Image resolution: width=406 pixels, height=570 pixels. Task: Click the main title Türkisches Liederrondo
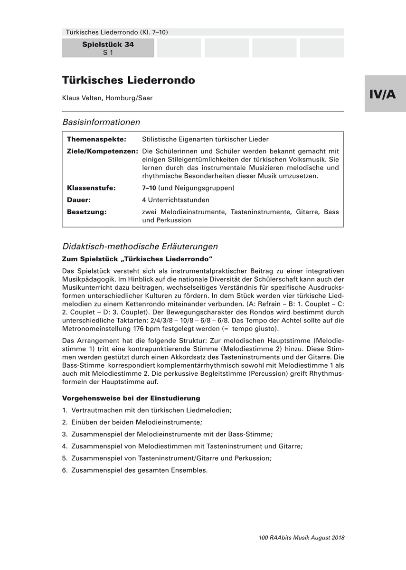coord(128,80)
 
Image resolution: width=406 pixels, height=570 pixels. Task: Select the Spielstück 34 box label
coord(108,45)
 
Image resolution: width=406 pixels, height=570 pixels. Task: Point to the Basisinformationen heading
coord(101,122)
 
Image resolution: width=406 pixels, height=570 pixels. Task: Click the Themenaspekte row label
coord(96,140)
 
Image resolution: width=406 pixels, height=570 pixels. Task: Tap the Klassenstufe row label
coord(91,188)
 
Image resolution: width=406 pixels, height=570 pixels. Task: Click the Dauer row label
coord(79,200)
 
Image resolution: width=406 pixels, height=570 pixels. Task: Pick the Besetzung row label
coord(86,212)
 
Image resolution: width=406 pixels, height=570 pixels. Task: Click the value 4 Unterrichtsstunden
coord(175,200)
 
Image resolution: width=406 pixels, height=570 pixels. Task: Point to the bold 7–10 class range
coord(149,188)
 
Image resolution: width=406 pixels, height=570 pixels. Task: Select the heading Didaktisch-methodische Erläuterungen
coord(140,247)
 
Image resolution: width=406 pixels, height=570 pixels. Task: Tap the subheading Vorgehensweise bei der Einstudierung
coord(131,398)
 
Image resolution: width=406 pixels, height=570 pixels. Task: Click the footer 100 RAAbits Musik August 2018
coord(302,538)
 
